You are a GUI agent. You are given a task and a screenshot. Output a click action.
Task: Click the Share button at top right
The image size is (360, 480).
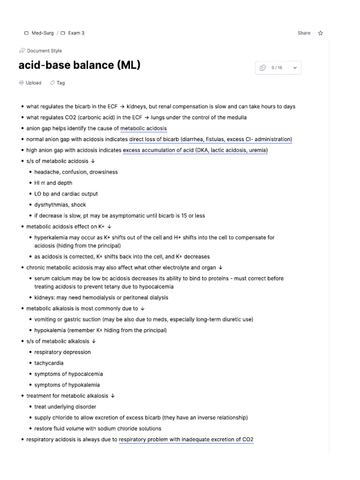click(x=304, y=33)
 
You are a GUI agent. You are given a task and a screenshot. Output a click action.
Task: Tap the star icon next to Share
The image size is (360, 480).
click(x=321, y=33)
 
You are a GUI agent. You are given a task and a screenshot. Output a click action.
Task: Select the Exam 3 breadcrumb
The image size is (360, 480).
click(x=73, y=33)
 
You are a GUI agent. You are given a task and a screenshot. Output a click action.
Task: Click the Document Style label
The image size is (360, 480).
click(x=44, y=51)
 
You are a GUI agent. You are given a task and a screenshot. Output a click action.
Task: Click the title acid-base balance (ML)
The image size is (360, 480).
click(x=79, y=65)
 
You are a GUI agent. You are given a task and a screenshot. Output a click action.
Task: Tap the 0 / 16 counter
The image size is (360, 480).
click(x=277, y=68)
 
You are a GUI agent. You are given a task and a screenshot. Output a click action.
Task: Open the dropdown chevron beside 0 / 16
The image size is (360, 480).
click(x=295, y=68)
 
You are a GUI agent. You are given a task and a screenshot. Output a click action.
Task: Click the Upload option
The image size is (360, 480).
click(x=33, y=83)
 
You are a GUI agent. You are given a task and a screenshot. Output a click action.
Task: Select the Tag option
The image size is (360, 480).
click(x=60, y=83)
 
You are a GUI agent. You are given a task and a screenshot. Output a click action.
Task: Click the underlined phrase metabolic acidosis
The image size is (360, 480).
click(x=143, y=128)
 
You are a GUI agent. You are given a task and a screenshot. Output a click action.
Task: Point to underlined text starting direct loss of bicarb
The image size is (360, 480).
click(x=210, y=139)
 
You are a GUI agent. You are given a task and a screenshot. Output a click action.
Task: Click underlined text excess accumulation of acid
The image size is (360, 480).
click(x=195, y=150)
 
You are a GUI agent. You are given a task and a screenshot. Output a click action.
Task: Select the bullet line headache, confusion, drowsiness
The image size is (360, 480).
click(x=76, y=172)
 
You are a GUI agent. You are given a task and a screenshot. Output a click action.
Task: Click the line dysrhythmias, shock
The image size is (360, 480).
click(x=60, y=205)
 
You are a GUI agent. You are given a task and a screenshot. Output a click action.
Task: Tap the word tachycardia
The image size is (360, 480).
click(x=49, y=363)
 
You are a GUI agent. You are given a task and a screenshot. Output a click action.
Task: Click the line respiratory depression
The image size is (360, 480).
click(x=62, y=352)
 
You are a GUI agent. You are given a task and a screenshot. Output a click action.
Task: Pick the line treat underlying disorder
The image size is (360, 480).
click(x=65, y=407)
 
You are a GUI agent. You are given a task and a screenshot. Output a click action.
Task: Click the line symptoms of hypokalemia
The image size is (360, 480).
click(x=67, y=385)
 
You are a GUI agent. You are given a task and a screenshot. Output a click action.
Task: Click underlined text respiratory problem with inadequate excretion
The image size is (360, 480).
click(x=186, y=440)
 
